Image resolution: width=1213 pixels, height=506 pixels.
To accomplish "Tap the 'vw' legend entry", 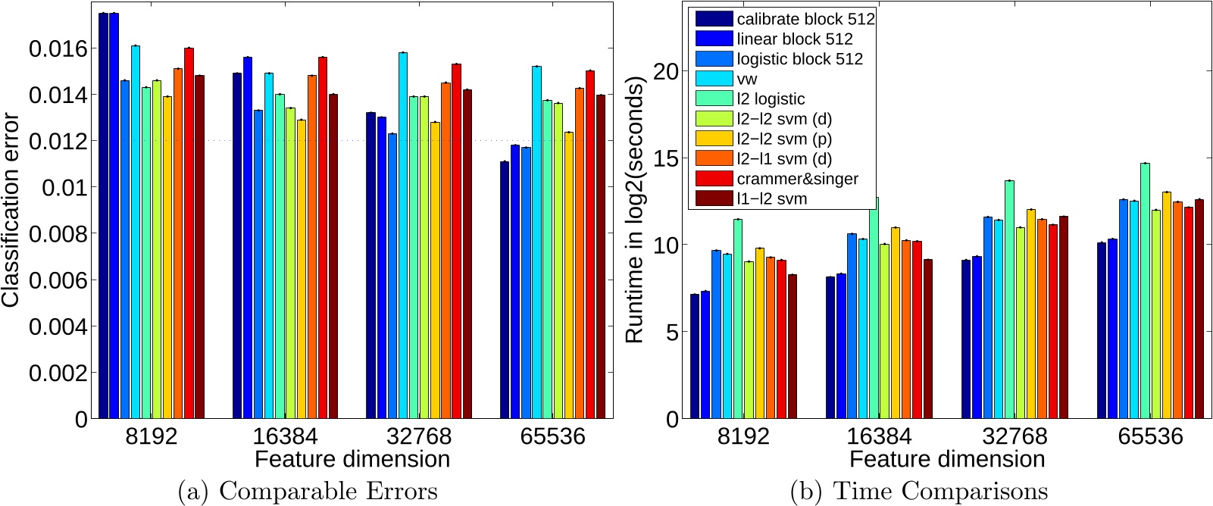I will pos(746,79).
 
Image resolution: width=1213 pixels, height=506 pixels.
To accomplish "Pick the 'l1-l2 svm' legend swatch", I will pos(714,198).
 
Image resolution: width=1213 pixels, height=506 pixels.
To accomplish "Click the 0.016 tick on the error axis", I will pos(58,49).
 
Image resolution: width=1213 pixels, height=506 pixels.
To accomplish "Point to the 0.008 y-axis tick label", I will pos(58,234).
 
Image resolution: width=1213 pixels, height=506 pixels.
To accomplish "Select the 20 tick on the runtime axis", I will pos(665,72).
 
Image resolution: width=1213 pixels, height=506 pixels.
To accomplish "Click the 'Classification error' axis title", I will pos(11,210).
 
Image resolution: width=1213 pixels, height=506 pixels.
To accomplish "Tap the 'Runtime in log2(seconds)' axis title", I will pos(634,210).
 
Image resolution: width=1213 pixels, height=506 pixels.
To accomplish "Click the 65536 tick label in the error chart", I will pos(552,437).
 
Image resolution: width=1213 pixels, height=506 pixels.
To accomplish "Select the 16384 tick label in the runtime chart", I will pos(879,437).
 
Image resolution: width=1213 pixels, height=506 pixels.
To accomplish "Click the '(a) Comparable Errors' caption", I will pos(307,491).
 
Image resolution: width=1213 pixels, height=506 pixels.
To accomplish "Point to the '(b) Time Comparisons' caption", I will pos(918,491).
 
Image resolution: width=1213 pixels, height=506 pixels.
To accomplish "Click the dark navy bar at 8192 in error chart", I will pos(103,216).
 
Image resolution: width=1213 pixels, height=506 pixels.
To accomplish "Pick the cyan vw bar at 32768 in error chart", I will pos(403,235).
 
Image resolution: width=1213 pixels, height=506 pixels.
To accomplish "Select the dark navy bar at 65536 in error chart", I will pos(505,289).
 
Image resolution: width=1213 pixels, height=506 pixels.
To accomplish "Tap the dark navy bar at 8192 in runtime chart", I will pos(695,356).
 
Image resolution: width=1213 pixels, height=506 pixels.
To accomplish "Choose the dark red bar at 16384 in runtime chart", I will pos(928,339).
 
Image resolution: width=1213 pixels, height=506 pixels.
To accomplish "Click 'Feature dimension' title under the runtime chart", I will pos(946,459).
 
